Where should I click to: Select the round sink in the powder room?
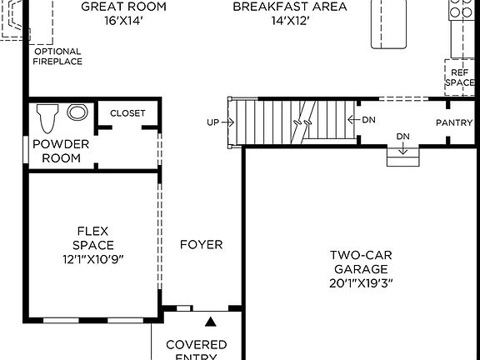coord(77,112)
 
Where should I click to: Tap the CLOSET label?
coord(127,112)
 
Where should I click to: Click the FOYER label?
coord(202,245)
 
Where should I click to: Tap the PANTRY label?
coord(455,123)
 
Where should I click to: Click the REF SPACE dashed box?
coord(459,77)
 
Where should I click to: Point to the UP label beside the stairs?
coord(213,123)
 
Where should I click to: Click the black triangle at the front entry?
coord(211,321)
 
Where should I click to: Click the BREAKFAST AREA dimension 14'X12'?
coord(289,22)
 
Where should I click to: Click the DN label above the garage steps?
coord(403,137)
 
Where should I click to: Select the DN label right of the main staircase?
coord(369,120)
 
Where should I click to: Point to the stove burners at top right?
coord(461,8)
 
